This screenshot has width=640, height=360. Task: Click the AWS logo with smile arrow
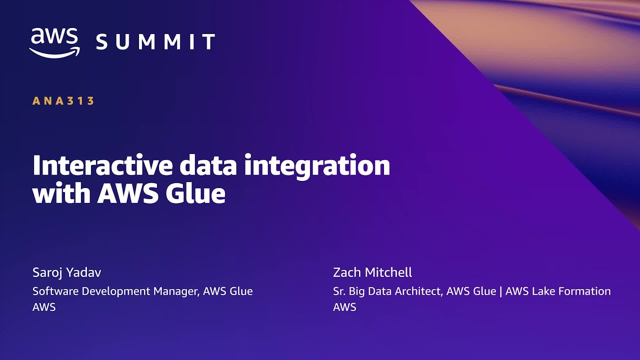click(54, 43)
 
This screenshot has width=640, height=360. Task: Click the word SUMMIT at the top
click(155, 41)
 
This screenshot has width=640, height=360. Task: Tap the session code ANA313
click(63, 101)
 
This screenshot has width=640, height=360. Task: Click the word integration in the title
click(317, 167)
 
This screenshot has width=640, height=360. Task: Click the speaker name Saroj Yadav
click(66, 272)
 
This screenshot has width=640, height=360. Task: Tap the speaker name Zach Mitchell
click(372, 272)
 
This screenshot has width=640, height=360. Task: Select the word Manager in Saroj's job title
click(176, 291)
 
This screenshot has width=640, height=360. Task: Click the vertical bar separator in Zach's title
click(500, 291)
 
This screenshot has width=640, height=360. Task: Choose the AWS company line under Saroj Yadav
click(44, 307)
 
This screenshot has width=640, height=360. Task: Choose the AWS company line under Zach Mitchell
click(344, 307)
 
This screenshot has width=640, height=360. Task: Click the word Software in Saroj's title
click(55, 291)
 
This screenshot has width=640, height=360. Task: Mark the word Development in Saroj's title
click(116, 291)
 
